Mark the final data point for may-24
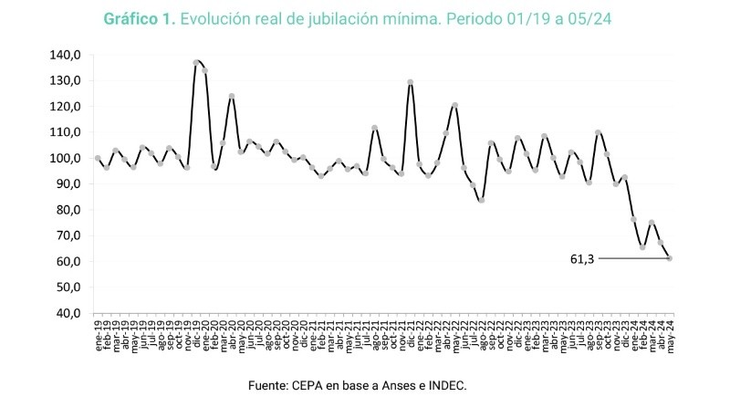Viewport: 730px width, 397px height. pos(671,258)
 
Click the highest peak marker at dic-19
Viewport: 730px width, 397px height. pos(196,63)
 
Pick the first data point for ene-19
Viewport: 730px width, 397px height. pos(98,158)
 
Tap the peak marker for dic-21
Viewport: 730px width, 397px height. pos(411,82)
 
